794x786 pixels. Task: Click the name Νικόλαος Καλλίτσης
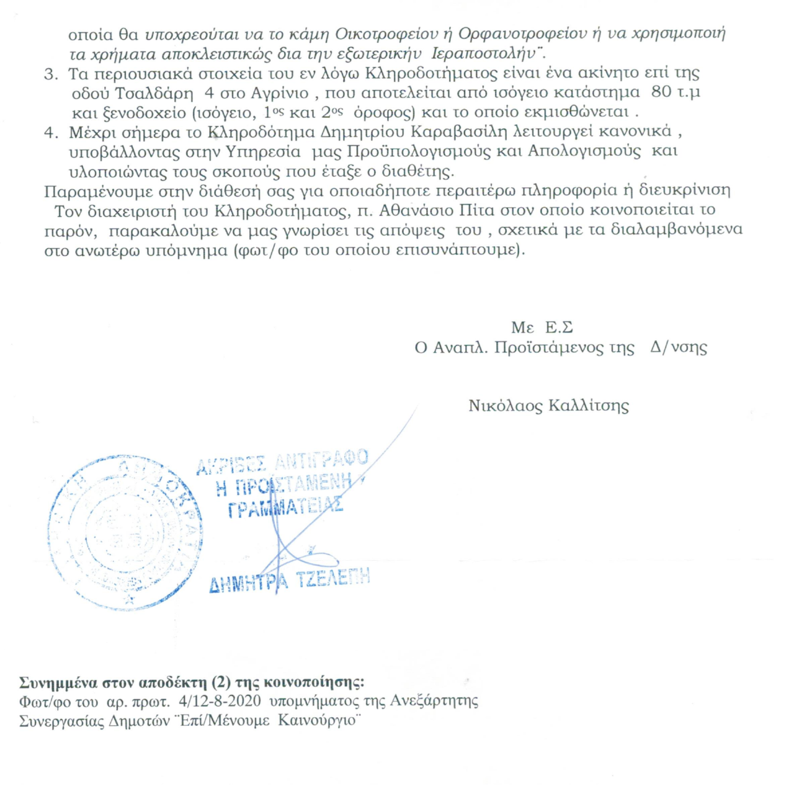548,406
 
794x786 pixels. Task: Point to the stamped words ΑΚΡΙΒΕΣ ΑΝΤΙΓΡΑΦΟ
282,462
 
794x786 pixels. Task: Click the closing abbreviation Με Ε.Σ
542,328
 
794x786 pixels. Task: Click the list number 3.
50,74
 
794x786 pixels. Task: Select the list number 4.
50,132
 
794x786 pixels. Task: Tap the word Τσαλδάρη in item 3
154,93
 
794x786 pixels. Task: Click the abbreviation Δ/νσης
679,347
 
